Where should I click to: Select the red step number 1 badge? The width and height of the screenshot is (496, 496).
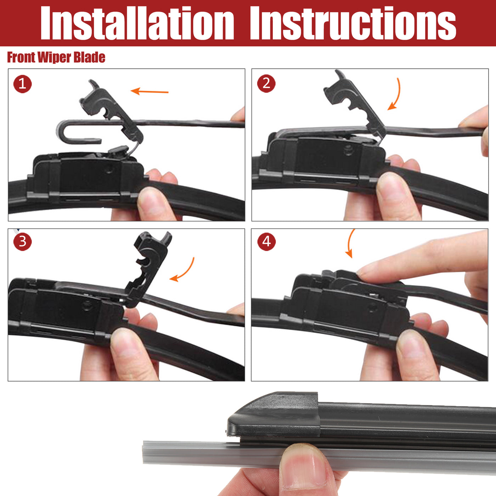tap(22, 84)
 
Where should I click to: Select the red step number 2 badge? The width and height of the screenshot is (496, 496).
tap(266, 84)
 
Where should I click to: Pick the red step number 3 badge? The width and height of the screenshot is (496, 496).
tap(22, 242)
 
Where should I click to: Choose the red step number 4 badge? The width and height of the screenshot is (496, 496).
tap(266, 242)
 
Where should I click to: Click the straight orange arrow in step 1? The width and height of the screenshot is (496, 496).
tap(150, 91)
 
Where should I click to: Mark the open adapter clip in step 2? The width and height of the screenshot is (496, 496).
tap(355, 103)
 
